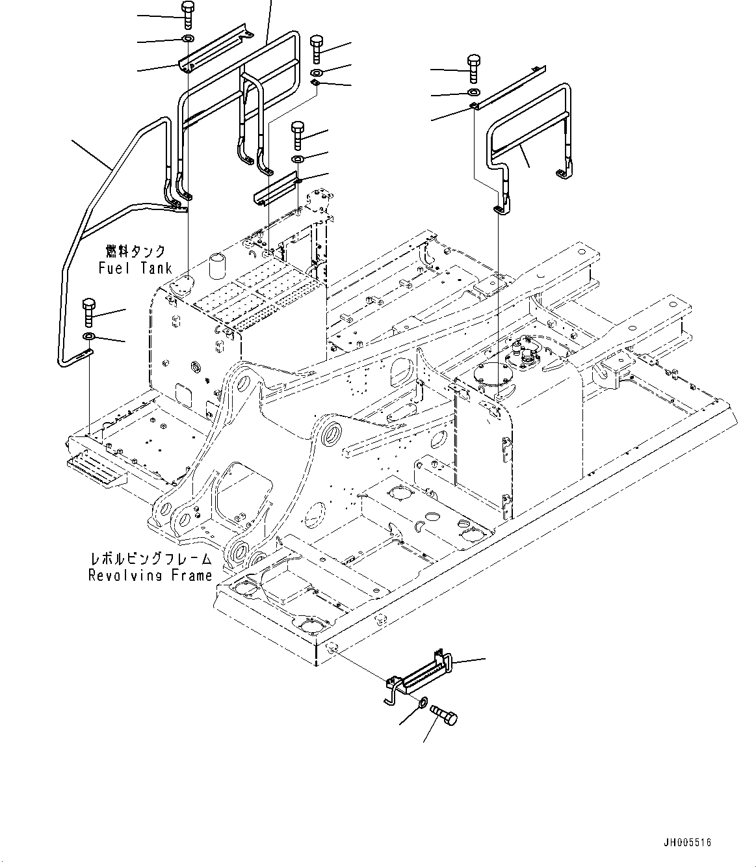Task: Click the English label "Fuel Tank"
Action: click(135, 267)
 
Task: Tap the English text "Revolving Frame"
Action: click(150, 575)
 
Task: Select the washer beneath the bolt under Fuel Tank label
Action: click(89, 336)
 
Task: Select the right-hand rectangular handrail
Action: click(527, 140)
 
